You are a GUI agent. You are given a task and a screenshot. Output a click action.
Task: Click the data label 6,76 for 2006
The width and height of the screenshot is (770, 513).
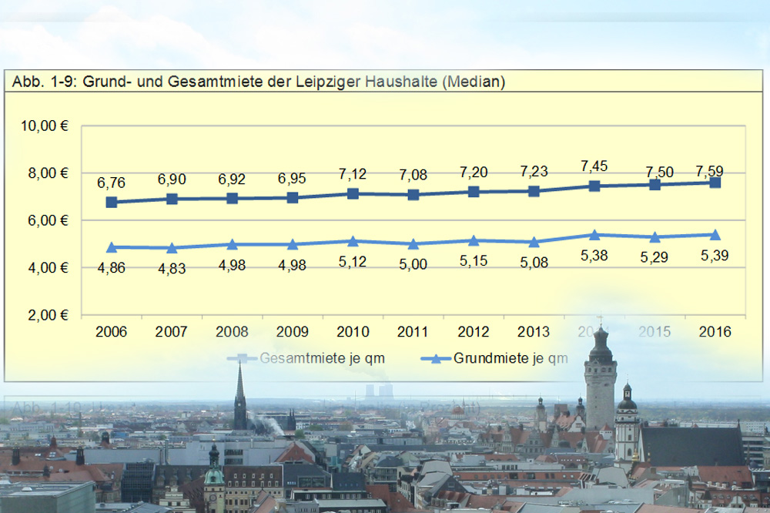[112, 183]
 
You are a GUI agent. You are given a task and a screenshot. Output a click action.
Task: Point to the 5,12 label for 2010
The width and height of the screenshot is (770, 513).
[353, 261]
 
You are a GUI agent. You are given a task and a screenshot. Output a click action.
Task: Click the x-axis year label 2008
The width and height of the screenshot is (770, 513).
[232, 332]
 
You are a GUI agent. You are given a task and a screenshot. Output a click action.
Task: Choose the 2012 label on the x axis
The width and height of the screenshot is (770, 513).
[474, 332]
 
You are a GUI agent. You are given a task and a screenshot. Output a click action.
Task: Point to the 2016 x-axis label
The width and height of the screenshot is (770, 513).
[715, 332]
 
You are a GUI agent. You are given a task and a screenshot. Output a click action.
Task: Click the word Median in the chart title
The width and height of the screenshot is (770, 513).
[474, 82]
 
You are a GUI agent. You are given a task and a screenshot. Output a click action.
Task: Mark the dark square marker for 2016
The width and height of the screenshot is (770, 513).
[715, 183]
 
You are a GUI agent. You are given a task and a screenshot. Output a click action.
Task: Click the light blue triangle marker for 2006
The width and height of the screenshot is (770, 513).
[112, 247]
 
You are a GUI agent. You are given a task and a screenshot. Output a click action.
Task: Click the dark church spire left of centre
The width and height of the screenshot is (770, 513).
[240, 385]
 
